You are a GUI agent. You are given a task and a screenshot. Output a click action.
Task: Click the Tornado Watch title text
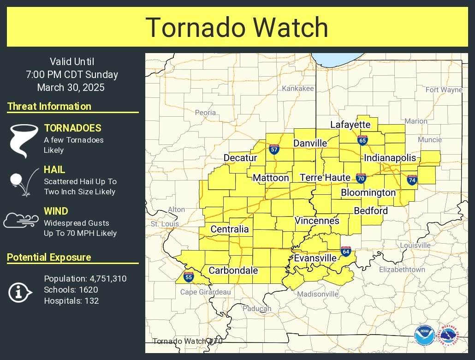237,28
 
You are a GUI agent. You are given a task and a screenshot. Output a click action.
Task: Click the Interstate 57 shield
274,149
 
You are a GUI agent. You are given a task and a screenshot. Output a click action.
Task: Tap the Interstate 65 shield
362,140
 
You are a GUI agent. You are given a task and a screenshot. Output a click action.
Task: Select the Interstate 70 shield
361,178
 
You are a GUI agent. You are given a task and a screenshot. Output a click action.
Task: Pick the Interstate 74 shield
412,180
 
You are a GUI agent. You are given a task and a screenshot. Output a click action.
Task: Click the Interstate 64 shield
346,251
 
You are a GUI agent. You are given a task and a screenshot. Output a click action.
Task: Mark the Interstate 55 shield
188,276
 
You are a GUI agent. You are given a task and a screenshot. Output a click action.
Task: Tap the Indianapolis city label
390,158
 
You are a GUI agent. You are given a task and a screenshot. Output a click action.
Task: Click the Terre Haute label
325,178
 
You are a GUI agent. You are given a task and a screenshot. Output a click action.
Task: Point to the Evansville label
315,258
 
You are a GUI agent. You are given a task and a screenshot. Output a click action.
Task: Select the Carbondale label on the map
233,271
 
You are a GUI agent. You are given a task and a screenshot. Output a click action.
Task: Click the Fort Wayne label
444,90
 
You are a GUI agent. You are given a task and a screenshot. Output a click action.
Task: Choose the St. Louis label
165,224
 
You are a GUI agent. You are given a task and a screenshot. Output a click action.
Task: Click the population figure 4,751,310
106,279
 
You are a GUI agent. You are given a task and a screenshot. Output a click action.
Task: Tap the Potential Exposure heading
49,258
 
